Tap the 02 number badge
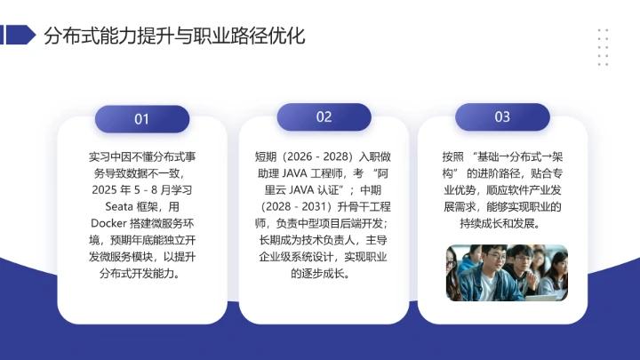[324, 117]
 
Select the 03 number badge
[502, 117]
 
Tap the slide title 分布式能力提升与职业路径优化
[174, 36]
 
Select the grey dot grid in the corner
[603, 46]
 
